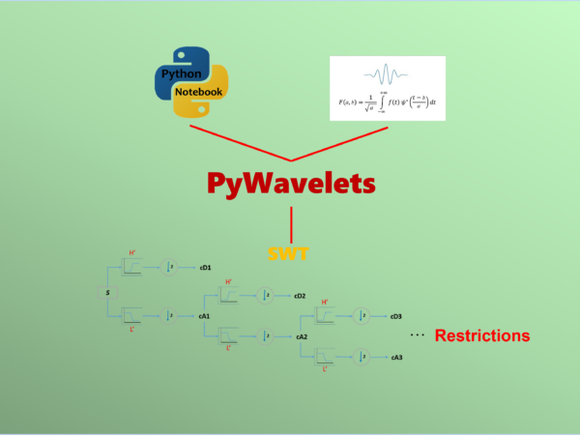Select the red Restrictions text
pyautogui.click(x=482, y=336)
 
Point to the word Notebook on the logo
pyautogui.click(x=199, y=92)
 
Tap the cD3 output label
pyautogui.click(x=396, y=316)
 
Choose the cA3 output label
pyautogui.click(x=396, y=358)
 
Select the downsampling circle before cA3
pyautogui.click(x=361, y=358)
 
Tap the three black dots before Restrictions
pyautogui.click(x=418, y=335)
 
